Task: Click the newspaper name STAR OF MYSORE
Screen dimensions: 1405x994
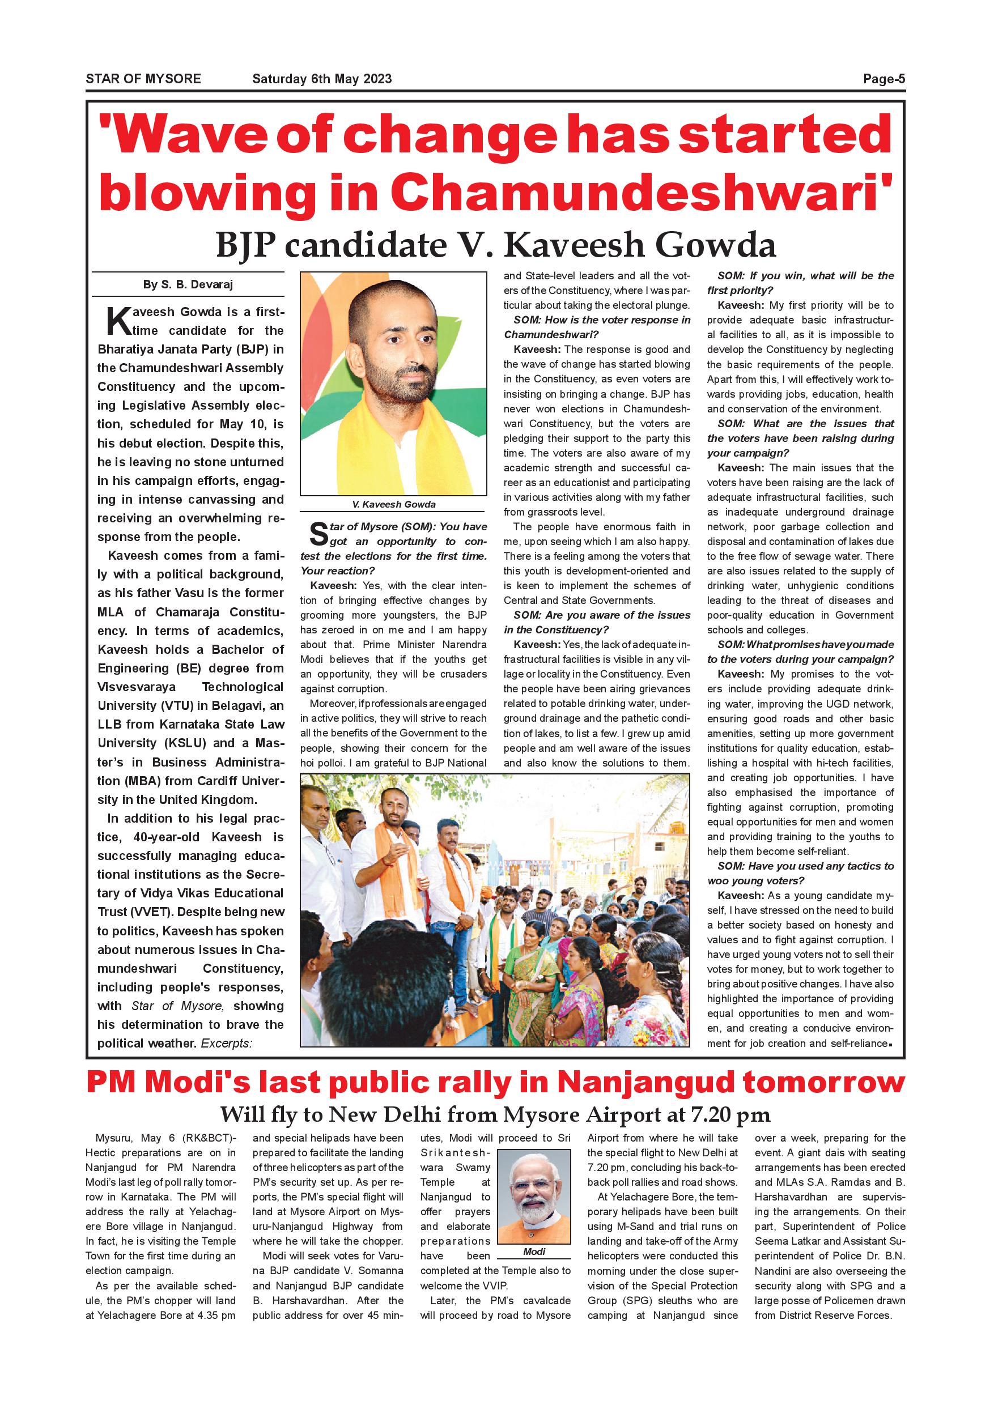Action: (143, 79)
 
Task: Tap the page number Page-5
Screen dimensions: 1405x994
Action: (884, 79)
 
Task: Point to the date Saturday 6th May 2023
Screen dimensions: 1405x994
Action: (322, 79)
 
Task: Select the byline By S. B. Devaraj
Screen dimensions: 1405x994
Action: (188, 284)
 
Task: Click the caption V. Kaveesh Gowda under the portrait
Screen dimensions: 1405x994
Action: (393, 504)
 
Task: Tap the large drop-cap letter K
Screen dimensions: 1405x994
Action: (118, 321)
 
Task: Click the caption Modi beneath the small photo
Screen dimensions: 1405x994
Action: (534, 1251)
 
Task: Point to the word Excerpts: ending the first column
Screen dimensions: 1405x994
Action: (227, 1044)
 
